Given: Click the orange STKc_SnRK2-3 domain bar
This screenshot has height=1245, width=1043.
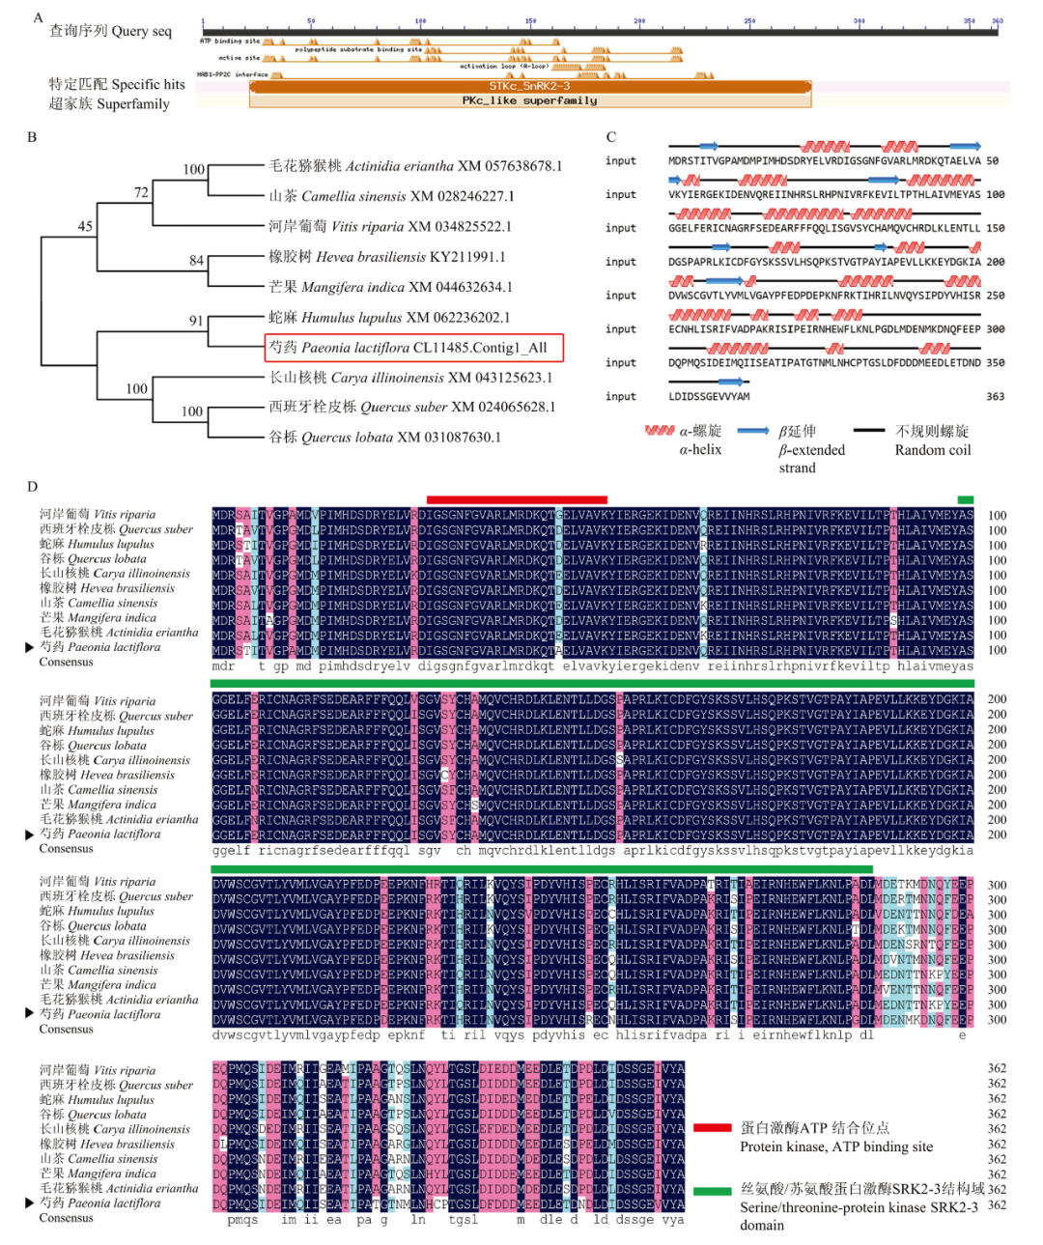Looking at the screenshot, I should click(x=529, y=87).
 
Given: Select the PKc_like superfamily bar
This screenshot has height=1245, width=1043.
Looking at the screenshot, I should click(x=529, y=100).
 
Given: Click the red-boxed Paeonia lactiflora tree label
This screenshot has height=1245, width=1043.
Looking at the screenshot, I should click(x=413, y=348).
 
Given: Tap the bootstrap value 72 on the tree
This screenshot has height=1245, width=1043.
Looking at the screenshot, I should click(x=141, y=192).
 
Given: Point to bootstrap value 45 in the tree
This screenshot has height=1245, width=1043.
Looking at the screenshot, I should click(x=85, y=226).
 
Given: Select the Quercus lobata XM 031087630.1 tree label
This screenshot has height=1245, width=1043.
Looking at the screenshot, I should click(x=384, y=438).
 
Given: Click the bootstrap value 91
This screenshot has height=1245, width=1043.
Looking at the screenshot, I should click(x=196, y=321).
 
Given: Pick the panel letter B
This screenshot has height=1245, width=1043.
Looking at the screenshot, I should click(x=32, y=137).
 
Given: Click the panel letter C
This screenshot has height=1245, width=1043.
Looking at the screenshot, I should click(x=610, y=137).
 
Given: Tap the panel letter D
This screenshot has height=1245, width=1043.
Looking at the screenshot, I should click(x=32, y=487).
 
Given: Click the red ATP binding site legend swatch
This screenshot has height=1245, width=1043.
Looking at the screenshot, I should click(x=712, y=1127).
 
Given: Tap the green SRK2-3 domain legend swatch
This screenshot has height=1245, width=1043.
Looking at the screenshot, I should click(x=712, y=1191).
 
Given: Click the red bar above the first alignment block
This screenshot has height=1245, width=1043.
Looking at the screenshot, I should click(x=517, y=499).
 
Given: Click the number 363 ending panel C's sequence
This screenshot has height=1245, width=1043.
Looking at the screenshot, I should click(x=995, y=397).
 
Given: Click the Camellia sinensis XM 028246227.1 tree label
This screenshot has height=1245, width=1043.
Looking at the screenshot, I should click(x=391, y=196).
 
